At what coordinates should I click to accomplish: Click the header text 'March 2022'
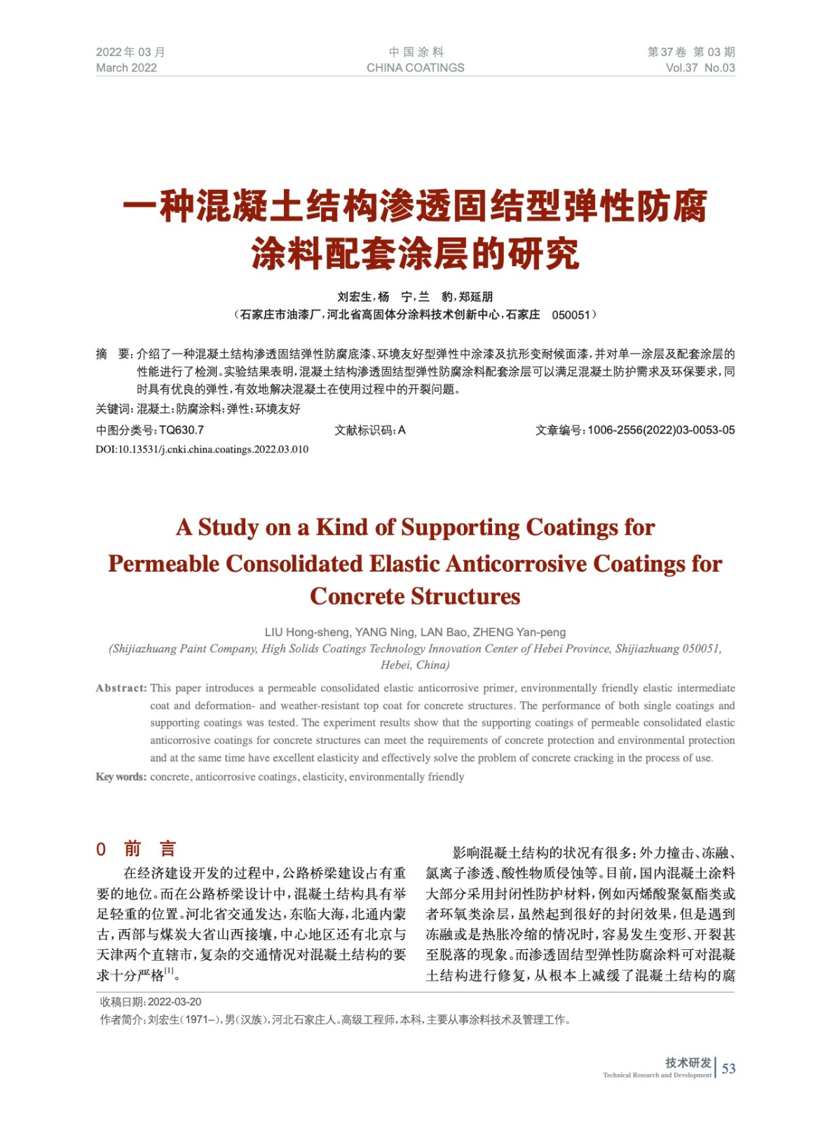click(x=126, y=68)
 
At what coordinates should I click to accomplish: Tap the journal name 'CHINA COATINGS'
click(x=415, y=68)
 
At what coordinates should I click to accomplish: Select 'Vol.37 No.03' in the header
click(x=700, y=68)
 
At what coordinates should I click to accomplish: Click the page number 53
click(x=729, y=1068)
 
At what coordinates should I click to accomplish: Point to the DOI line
click(x=202, y=449)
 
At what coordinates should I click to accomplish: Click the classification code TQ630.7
click(x=182, y=430)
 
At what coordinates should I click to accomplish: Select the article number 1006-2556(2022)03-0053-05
click(x=661, y=430)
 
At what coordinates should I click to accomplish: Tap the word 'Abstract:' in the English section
click(x=121, y=688)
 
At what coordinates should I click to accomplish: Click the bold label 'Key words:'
click(x=121, y=776)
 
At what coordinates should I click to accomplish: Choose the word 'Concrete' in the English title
click(x=357, y=596)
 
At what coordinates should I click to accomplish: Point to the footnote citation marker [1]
click(x=169, y=971)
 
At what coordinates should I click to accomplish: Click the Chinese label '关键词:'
click(x=114, y=408)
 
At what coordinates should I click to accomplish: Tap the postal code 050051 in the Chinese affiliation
click(x=571, y=315)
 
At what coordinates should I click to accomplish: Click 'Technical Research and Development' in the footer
click(x=657, y=1075)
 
